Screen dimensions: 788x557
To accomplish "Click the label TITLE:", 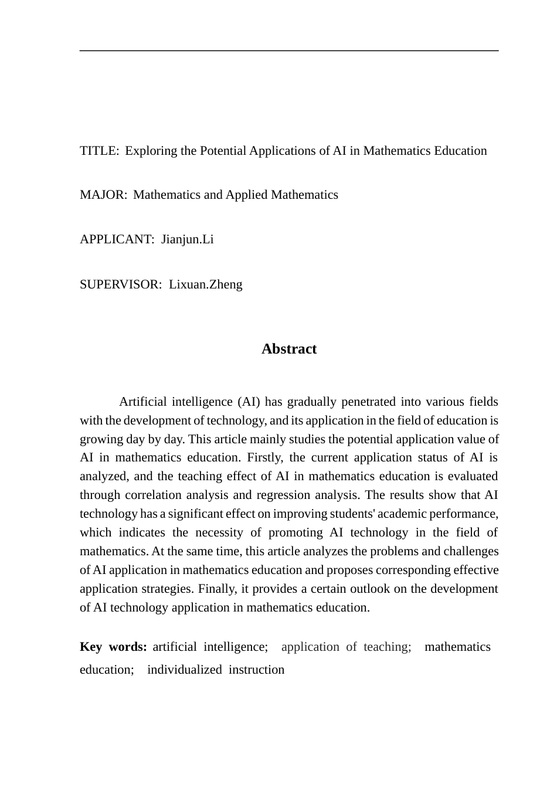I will coord(99,151).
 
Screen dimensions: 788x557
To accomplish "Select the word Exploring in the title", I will coord(151,151).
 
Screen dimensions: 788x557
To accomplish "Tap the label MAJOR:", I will coord(103,195).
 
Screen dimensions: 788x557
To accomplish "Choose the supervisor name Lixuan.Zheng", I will coord(205,284).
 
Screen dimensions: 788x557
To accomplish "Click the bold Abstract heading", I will coord(289,349).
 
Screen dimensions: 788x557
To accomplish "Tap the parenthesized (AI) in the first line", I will coord(249,402).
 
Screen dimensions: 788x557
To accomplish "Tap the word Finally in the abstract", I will coord(217,589).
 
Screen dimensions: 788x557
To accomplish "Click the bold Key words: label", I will coord(113,647).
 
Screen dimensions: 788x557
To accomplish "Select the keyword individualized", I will coord(184,670).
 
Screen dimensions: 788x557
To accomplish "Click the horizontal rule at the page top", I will coord(289,51).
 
